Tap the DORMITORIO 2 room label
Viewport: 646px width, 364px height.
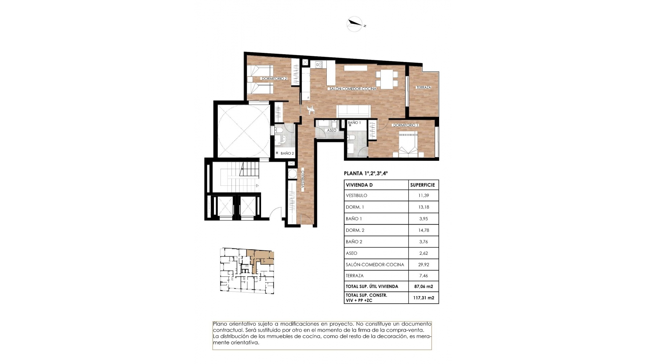tap(274, 79)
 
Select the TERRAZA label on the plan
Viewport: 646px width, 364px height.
tap(423, 87)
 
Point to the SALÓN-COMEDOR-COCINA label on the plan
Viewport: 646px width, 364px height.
tap(352, 89)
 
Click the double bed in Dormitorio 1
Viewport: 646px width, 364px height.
tap(408, 144)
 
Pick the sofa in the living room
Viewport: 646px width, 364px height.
tap(354, 111)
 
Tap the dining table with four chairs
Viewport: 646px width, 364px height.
tap(387, 79)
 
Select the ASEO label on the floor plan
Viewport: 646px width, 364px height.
tap(331, 130)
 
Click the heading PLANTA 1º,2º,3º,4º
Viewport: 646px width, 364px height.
tap(366, 174)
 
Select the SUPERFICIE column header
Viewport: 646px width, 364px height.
tap(423, 185)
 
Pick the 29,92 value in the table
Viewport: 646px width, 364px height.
tap(423, 265)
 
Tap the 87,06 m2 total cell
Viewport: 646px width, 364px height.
tap(423, 286)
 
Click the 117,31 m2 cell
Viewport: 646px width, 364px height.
tap(423, 298)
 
